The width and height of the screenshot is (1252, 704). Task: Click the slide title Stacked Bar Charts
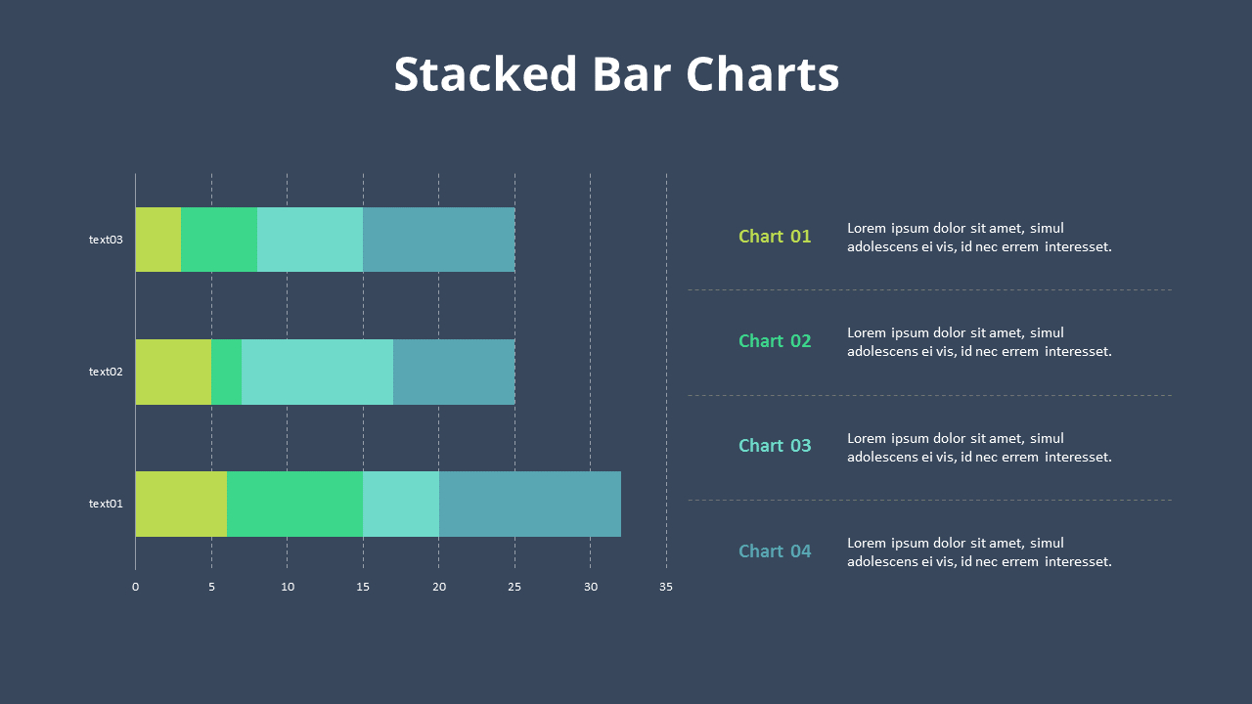click(x=616, y=74)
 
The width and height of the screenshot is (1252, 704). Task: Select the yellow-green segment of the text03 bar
click(x=158, y=240)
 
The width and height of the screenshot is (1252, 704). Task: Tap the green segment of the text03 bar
click(x=219, y=240)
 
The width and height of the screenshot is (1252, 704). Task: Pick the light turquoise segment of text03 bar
click(x=310, y=240)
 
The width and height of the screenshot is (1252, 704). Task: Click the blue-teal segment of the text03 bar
click(x=438, y=240)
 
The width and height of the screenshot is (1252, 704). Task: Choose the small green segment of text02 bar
click(x=226, y=372)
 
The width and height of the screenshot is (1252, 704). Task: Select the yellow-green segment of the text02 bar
click(x=173, y=372)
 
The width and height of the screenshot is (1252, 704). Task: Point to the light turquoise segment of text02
click(x=317, y=372)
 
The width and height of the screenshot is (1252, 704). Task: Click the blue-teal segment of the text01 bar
click(x=529, y=504)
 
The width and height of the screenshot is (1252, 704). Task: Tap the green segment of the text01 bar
click(x=294, y=504)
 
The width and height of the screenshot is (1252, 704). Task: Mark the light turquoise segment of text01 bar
click(x=401, y=504)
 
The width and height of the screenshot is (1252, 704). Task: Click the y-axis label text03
click(x=106, y=240)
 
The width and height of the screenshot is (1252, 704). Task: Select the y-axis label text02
click(x=106, y=372)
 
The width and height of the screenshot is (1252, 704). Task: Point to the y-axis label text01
click(x=106, y=504)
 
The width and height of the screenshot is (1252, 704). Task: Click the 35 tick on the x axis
click(x=666, y=588)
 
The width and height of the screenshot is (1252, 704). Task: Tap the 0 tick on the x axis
click(x=135, y=588)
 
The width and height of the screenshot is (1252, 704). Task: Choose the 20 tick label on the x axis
click(x=438, y=588)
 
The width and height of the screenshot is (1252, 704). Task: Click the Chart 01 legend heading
click(x=775, y=237)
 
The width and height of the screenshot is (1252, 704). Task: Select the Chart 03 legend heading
click(x=775, y=446)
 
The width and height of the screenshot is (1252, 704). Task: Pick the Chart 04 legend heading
click(x=775, y=551)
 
